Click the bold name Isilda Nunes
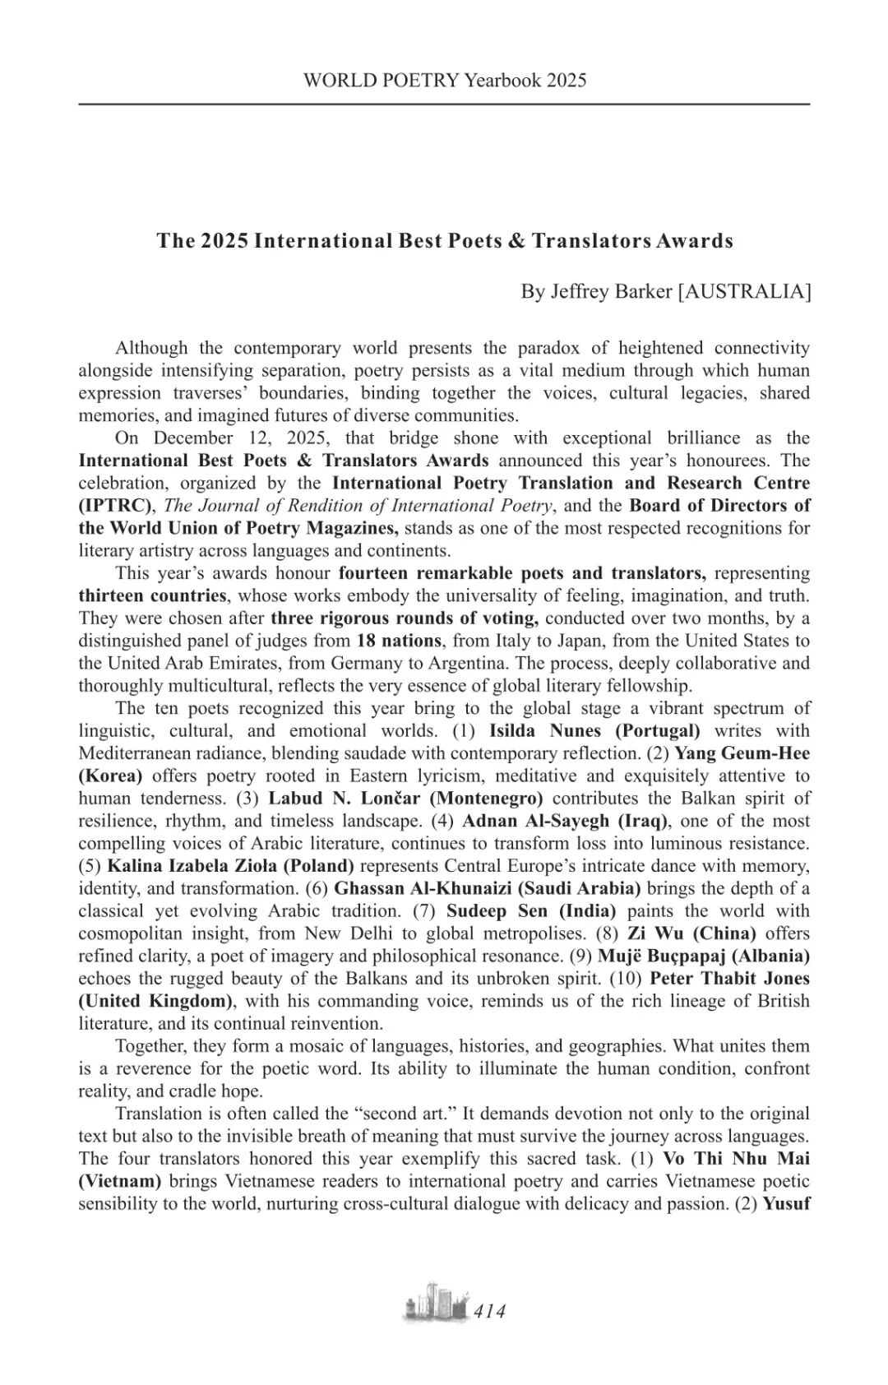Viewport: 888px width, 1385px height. point(541,730)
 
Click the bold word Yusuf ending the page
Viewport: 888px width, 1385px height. point(788,1204)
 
